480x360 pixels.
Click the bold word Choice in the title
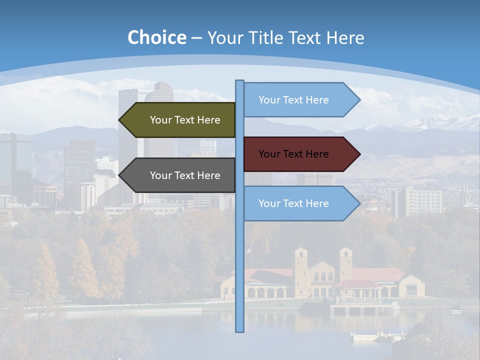157,37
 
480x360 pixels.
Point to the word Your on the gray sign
160,175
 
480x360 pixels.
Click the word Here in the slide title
345,37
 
